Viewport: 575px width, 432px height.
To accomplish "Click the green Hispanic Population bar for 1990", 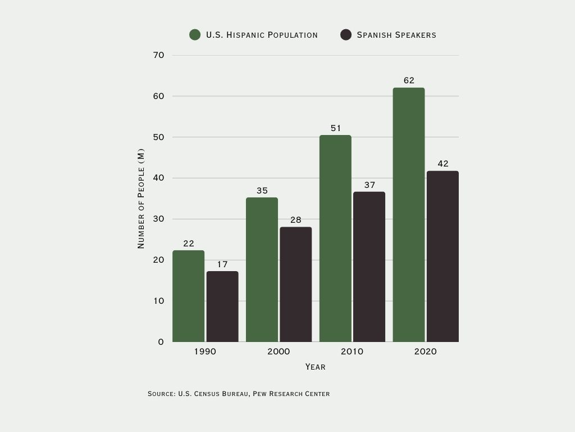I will (x=188, y=296).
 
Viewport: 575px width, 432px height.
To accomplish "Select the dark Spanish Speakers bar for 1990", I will (x=222, y=307).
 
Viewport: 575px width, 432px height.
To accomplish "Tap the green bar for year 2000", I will (x=262, y=269).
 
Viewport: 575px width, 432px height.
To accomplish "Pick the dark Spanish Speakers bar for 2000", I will (x=295, y=284).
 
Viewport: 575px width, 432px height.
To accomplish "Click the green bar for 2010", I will (x=335, y=238).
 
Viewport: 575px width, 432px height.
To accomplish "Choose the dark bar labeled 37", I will (x=369, y=267).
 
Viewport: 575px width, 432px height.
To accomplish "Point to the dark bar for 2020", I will (x=442, y=256).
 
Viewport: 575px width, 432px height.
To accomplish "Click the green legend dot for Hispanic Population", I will (x=195, y=35).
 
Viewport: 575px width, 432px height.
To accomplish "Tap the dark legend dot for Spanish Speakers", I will (x=346, y=35).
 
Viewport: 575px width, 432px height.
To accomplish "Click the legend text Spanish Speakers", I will (x=396, y=35).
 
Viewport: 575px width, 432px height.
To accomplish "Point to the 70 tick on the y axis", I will (x=158, y=55).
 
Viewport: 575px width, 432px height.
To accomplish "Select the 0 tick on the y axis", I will (x=161, y=342).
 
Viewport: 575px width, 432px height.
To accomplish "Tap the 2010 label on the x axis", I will (x=352, y=352).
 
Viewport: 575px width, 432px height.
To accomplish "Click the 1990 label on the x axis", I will (x=205, y=352).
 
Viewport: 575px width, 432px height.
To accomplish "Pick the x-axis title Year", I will (x=315, y=367).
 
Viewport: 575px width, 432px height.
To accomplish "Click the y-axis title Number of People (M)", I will (x=141, y=199).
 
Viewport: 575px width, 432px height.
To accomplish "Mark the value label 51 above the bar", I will (x=336, y=128).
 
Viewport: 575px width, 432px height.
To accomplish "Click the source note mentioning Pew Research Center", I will (x=239, y=394).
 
